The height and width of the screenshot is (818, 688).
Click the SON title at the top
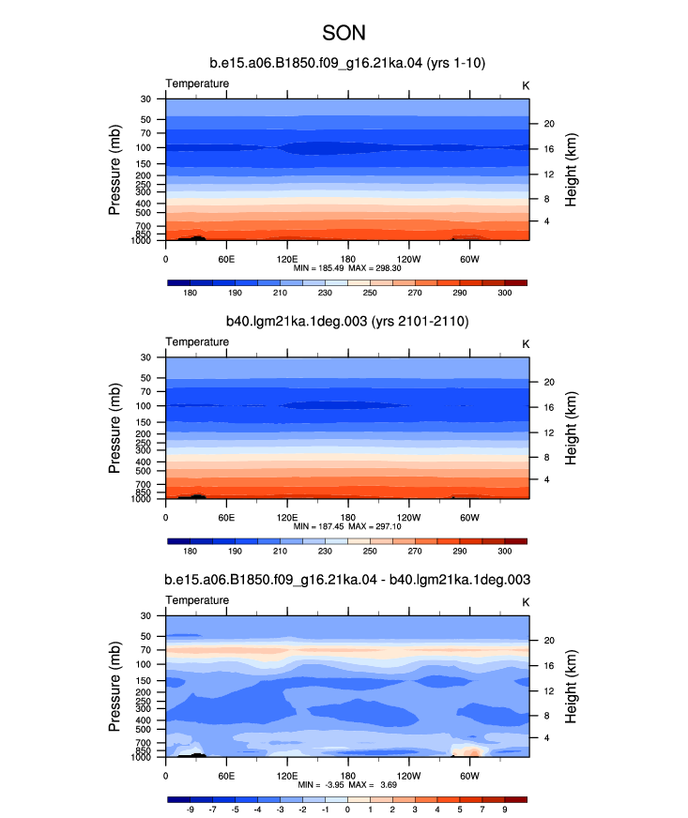coord(344,33)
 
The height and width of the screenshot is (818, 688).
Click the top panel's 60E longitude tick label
coord(226,259)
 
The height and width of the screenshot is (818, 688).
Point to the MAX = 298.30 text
coord(375,268)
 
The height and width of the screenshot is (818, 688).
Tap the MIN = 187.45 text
coord(318,526)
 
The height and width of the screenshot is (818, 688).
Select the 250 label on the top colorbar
coord(370,293)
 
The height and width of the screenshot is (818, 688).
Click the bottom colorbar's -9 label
coord(190,810)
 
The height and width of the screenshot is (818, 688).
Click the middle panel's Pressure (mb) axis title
coord(115,429)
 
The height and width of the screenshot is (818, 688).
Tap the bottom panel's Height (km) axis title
coord(571,687)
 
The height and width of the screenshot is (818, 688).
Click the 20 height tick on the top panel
coord(549,124)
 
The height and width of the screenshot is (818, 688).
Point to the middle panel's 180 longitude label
coord(347,518)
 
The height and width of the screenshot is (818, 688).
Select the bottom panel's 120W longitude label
coord(408,776)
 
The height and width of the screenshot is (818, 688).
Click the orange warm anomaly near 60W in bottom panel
coord(471,752)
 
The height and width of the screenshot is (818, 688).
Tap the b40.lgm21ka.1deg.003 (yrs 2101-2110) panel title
coord(347,321)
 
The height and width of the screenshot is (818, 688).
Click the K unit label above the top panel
coord(526,85)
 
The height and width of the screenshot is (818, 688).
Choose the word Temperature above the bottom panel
coord(197,600)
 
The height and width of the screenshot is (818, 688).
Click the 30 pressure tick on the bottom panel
coord(145,615)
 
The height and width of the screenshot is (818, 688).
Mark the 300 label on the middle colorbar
coord(504,551)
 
